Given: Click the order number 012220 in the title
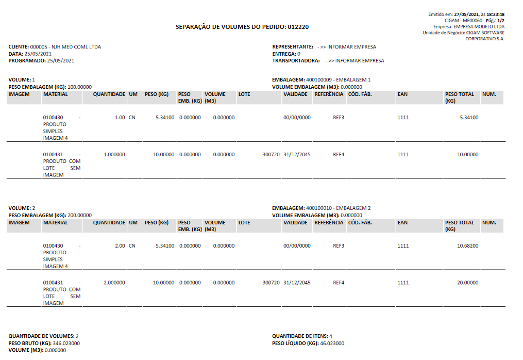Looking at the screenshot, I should tap(298, 27).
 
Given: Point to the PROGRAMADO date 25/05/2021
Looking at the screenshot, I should tap(61, 60).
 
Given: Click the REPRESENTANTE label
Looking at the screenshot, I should tap(293, 47).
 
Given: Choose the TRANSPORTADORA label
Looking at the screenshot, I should tap(296, 60).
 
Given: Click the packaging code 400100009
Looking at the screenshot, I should tap(318, 80).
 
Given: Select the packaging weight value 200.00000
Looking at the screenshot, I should tap(79, 215).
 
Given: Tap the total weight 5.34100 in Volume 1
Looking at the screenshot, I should tap(468, 118).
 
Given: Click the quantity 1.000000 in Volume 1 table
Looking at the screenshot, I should tap(114, 154).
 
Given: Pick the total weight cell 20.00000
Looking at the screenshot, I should tap(467, 283).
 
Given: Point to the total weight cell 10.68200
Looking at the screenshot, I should tap(467, 246).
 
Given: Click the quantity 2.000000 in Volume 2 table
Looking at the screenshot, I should tap(114, 283).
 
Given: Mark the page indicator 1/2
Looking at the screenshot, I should tap(501, 20).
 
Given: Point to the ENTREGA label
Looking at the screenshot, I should tap(284, 54).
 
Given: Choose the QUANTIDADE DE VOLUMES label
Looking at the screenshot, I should tap(41, 336).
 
